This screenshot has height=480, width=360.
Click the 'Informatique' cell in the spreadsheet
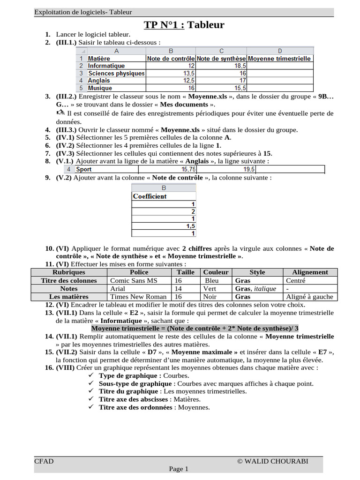tap(106, 66)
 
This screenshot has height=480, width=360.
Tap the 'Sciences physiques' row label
tap(116, 74)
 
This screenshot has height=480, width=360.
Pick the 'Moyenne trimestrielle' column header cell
tap(279, 59)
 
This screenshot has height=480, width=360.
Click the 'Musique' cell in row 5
tap(100, 88)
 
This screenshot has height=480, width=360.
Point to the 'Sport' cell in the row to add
tap(84, 170)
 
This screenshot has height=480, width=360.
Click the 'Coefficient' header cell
tap(150, 196)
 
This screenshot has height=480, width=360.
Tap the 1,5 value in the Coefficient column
tap(190, 226)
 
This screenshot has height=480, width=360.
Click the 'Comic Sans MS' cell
tap(134, 280)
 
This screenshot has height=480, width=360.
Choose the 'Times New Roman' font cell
tap(138, 296)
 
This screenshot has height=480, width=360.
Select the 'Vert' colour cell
tap(210, 289)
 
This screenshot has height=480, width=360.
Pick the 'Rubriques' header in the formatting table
tap(69, 272)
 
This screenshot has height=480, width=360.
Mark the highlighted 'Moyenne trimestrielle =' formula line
tap(195, 328)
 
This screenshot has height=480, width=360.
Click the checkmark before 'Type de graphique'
tap(91, 376)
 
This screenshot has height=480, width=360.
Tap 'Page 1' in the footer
tap(179, 469)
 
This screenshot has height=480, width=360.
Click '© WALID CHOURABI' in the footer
tap(273, 461)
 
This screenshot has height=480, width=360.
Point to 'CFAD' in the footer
tap(44, 461)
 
